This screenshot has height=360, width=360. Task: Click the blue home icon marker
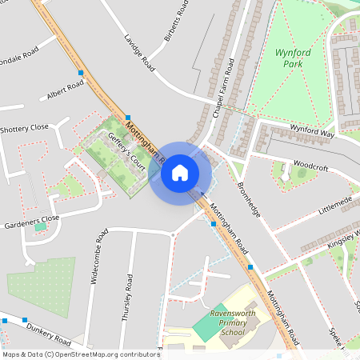coord(180,172)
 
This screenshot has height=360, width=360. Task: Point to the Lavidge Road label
coord(138,50)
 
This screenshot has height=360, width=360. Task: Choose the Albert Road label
coord(65,94)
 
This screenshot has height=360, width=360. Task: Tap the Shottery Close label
coord(24,128)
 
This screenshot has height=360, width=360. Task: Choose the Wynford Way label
coord(312,130)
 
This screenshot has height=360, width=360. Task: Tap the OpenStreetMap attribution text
coord(80,354)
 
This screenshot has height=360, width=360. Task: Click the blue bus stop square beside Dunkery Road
coord(5,320)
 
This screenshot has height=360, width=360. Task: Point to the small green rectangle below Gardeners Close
coord(40,227)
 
